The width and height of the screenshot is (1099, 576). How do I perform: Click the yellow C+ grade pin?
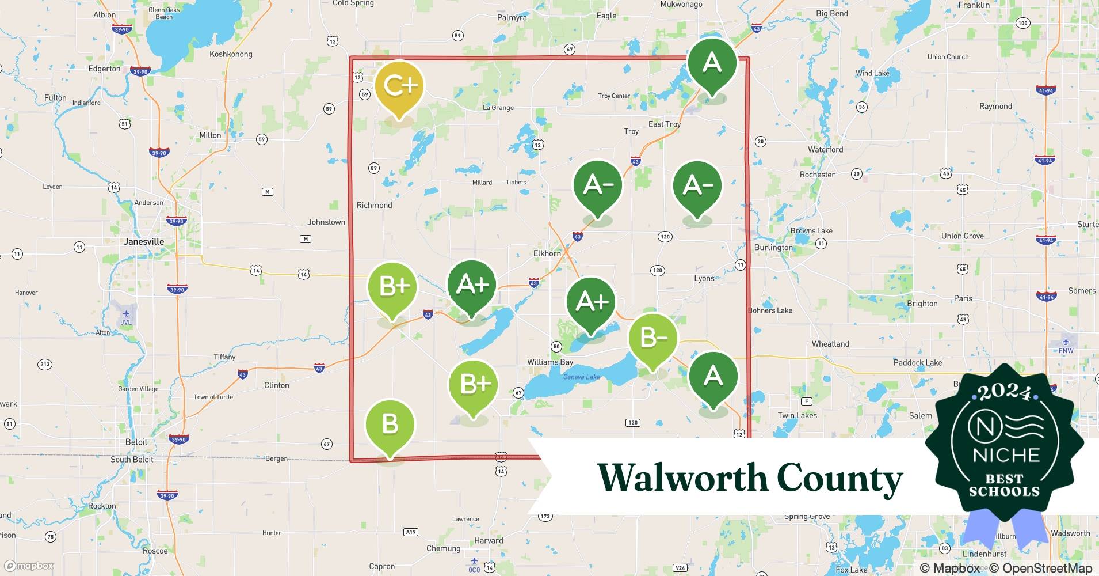399,86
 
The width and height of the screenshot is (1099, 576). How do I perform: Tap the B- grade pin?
652,338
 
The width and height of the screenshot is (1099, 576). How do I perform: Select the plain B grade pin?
390,425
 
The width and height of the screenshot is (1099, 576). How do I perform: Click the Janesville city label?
144,241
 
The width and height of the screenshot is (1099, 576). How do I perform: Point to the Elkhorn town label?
547,253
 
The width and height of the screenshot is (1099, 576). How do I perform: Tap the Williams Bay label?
550,362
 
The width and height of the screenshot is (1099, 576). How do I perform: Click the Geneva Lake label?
581,377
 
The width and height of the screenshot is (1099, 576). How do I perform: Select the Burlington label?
773,247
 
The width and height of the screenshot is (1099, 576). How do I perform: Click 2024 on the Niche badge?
1004,392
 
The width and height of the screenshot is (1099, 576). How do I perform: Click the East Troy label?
664,124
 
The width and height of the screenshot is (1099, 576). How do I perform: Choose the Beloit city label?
136,442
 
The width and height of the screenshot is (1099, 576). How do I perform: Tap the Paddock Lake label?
917,362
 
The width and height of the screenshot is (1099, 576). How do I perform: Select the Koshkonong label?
231,54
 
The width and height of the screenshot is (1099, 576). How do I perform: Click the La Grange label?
498,108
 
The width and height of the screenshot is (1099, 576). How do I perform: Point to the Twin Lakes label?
797,415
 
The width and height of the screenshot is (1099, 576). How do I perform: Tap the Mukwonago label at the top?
681,5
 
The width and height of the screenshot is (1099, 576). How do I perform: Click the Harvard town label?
489,540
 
